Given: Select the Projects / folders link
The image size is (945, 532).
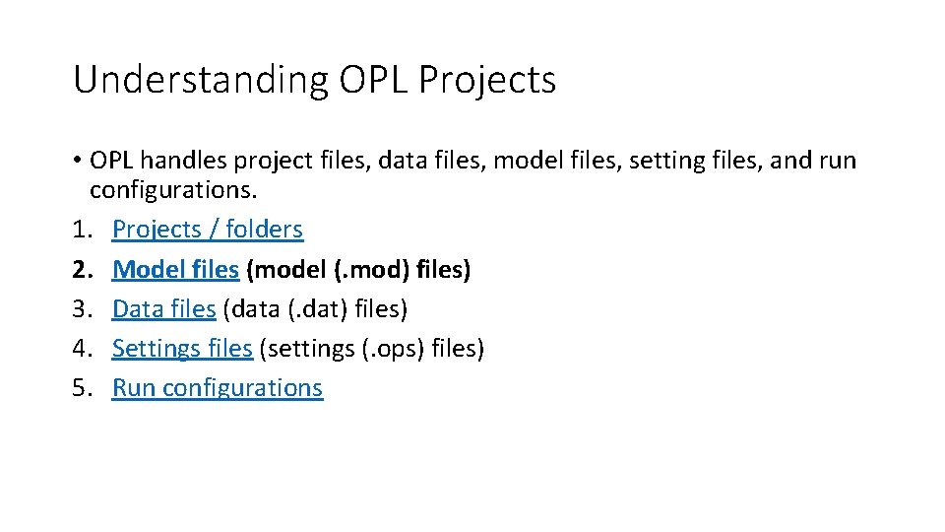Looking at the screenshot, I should click(208, 230).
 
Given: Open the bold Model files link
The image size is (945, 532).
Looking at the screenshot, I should click(175, 269).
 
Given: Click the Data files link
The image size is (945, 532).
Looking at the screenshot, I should click(163, 308).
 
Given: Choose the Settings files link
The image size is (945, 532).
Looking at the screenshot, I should click(182, 348).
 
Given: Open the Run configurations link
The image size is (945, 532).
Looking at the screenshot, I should click(218, 388).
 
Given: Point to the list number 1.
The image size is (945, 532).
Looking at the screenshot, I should click(80, 230).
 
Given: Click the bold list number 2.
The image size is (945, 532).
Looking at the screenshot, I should click(80, 269).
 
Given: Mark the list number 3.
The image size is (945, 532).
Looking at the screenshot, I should click(80, 308).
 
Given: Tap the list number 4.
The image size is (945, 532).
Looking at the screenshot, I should click(80, 348).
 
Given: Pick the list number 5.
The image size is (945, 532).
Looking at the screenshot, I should click(80, 388).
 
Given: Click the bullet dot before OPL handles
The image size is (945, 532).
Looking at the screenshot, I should click(77, 161).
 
